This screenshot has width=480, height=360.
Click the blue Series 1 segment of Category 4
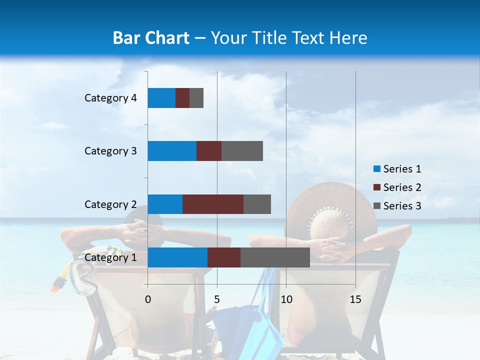tap(161, 98)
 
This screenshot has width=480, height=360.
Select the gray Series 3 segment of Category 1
tap(275, 257)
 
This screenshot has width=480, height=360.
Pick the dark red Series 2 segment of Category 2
tap(213, 204)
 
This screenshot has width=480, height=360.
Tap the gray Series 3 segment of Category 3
tap(242, 151)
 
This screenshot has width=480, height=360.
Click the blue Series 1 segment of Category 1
tap(177, 257)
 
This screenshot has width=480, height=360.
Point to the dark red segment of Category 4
tap(182, 98)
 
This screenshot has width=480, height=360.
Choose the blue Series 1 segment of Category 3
tap(172, 151)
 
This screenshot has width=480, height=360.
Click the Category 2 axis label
tap(110, 204)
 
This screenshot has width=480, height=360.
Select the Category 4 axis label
tap(110, 98)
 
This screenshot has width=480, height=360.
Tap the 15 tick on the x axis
tap(355, 299)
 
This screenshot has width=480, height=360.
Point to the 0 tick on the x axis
tap(148, 299)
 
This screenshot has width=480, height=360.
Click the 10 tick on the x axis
tap(286, 299)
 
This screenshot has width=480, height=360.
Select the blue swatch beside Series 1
tap(376, 169)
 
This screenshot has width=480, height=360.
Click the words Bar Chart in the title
tap(151, 38)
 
